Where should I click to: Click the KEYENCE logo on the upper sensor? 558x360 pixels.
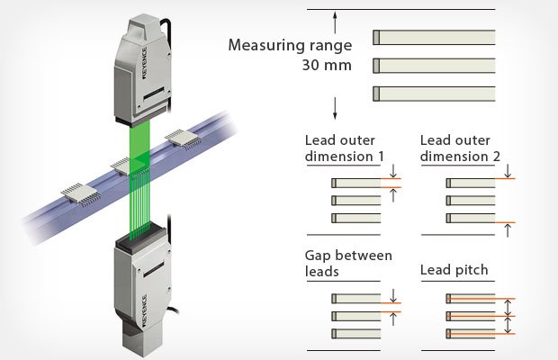pos(145,63)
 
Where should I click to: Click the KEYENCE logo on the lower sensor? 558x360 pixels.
pos(145,310)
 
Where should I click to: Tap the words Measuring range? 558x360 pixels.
pos(290,46)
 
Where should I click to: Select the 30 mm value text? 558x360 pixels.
pos(327,65)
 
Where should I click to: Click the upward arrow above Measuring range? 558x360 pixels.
pos(335,22)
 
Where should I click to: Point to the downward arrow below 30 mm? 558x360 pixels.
pos(335,108)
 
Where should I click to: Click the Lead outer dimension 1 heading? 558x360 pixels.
pos(345,148)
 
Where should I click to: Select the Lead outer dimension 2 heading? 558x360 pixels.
pos(460,148)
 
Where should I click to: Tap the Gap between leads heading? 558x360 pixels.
pos(348,264)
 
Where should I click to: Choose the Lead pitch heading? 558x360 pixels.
pos(454,270)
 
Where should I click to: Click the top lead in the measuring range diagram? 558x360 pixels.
pos(434,38)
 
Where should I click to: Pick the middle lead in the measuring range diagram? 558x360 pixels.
pos(434,66)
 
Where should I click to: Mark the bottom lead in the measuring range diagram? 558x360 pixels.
pos(434,94)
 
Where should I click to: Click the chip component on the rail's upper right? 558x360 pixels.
pos(183,139)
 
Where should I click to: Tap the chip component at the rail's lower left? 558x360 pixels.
pos(81,194)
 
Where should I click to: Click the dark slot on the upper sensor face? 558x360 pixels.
pos(154,94)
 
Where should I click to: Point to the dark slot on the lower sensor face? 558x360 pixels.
pos(154,269)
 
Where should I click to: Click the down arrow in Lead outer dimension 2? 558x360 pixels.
pos(508,171)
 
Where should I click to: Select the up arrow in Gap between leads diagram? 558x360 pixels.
pos(393,319)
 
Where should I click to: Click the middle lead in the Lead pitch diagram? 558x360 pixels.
pos(471,316)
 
